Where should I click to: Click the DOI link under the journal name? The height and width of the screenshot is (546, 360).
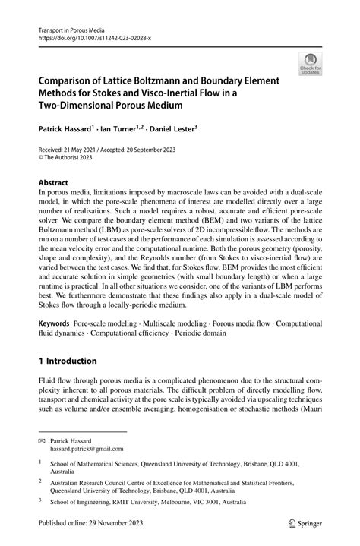coord(89,36)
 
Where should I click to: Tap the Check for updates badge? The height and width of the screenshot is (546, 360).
coord(309,65)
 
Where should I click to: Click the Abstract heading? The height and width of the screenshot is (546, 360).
coord(54,183)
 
